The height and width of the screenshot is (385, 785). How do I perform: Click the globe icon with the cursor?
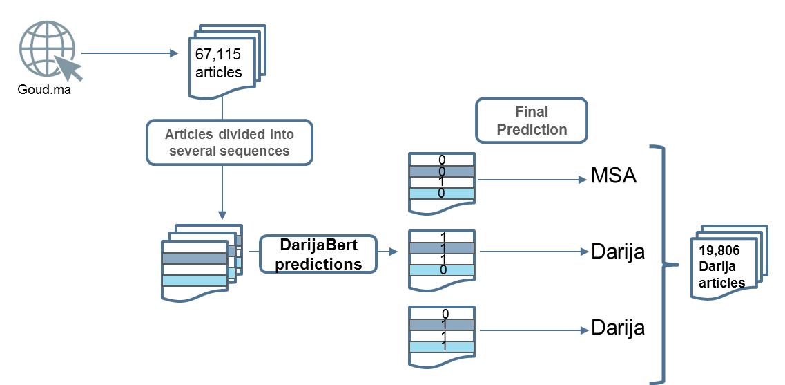click(x=48, y=50)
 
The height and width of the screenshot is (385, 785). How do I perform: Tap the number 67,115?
click(x=217, y=55)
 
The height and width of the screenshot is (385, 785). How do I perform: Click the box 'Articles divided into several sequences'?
click(x=229, y=142)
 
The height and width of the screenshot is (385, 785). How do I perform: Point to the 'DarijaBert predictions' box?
click(x=318, y=254)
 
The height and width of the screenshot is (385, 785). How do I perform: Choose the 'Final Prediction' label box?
click(x=532, y=120)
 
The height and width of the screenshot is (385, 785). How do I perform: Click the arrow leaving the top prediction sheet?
click(x=532, y=180)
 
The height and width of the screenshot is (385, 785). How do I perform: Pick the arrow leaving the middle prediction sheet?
click(x=534, y=252)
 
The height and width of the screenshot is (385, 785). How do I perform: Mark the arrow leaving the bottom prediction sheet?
click(x=534, y=330)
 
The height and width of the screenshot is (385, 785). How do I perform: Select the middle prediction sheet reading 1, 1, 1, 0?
click(x=442, y=255)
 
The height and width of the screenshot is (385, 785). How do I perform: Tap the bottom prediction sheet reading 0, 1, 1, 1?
click(x=442, y=331)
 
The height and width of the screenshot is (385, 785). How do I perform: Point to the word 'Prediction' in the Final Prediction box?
click(x=532, y=129)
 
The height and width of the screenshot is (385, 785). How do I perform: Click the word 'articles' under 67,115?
click(x=219, y=72)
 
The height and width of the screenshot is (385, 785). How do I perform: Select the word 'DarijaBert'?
click(x=318, y=245)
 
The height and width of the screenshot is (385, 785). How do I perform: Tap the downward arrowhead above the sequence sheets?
click(x=222, y=214)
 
